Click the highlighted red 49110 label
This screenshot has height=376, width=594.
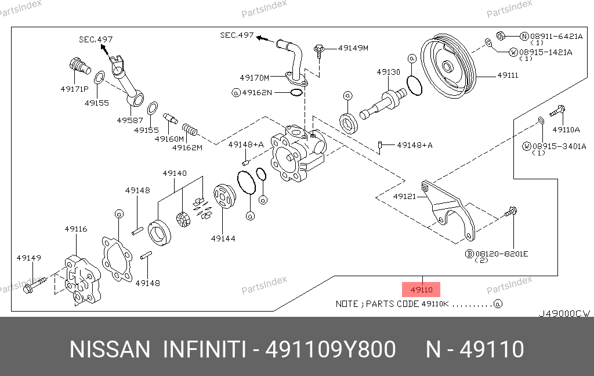point(421,289)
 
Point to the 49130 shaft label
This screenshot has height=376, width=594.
point(388,73)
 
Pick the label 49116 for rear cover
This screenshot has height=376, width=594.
point(76,229)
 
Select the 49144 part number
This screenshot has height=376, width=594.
point(223,238)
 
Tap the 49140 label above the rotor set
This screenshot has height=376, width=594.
point(174,173)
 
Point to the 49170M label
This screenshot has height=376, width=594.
point(255,77)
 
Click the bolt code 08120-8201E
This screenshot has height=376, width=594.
point(502,254)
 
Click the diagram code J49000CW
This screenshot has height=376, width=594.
point(564,313)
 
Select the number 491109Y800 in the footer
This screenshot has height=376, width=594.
point(330,350)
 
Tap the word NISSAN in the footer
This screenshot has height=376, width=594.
point(110,350)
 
